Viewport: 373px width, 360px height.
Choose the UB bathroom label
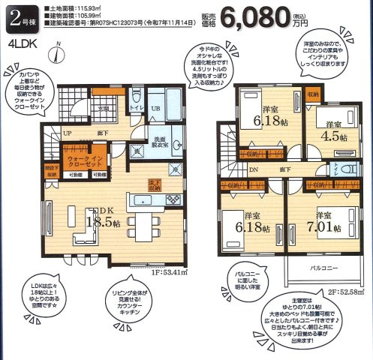tap(155, 109)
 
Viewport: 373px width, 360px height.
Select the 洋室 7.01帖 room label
tap(326, 223)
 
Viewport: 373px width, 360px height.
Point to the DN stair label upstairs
tap(255, 169)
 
